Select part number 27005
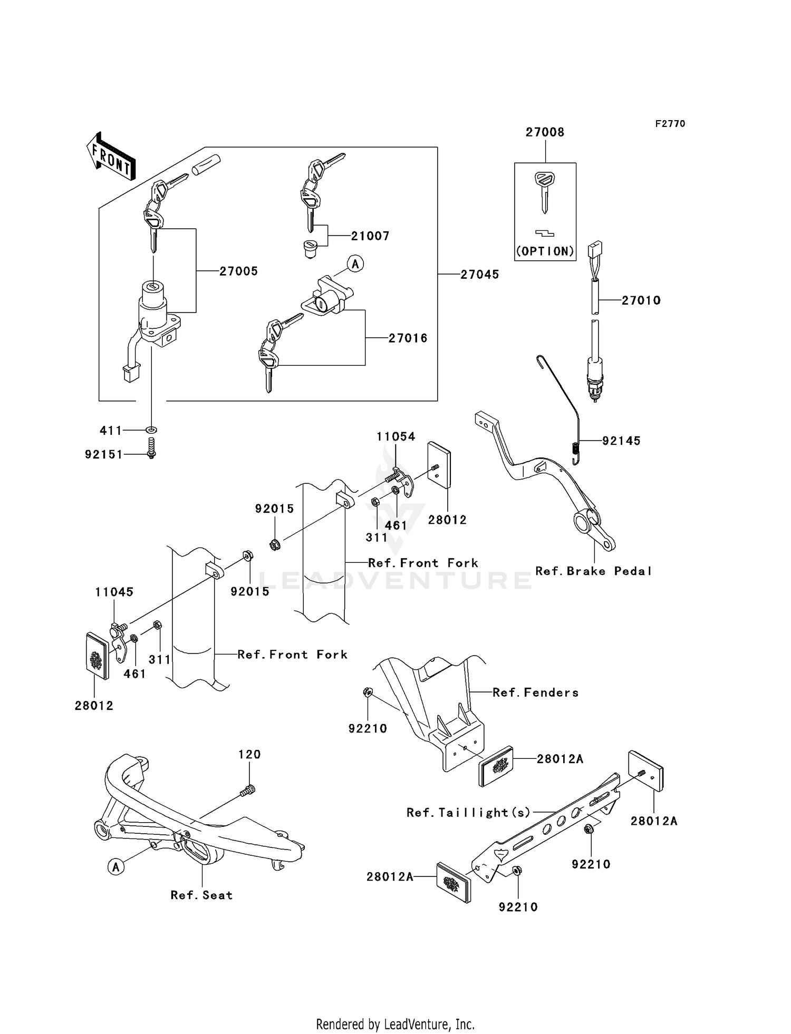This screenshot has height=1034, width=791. click(238, 271)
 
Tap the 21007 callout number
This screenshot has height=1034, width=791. click(370, 236)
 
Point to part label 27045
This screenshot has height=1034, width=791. click(479, 275)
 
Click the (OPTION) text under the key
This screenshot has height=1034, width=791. click(545, 251)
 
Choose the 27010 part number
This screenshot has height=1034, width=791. click(641, 300)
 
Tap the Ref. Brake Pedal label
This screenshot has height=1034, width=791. click(593, 571)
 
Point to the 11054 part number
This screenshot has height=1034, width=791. click(395, 436)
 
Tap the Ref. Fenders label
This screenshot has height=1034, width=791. click(535, 692)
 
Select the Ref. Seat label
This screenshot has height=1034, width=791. click(201, 895)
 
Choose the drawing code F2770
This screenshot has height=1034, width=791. click(670, 124)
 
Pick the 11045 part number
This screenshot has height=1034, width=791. click(114, 592)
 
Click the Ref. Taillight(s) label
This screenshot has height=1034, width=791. click(468, 812)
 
